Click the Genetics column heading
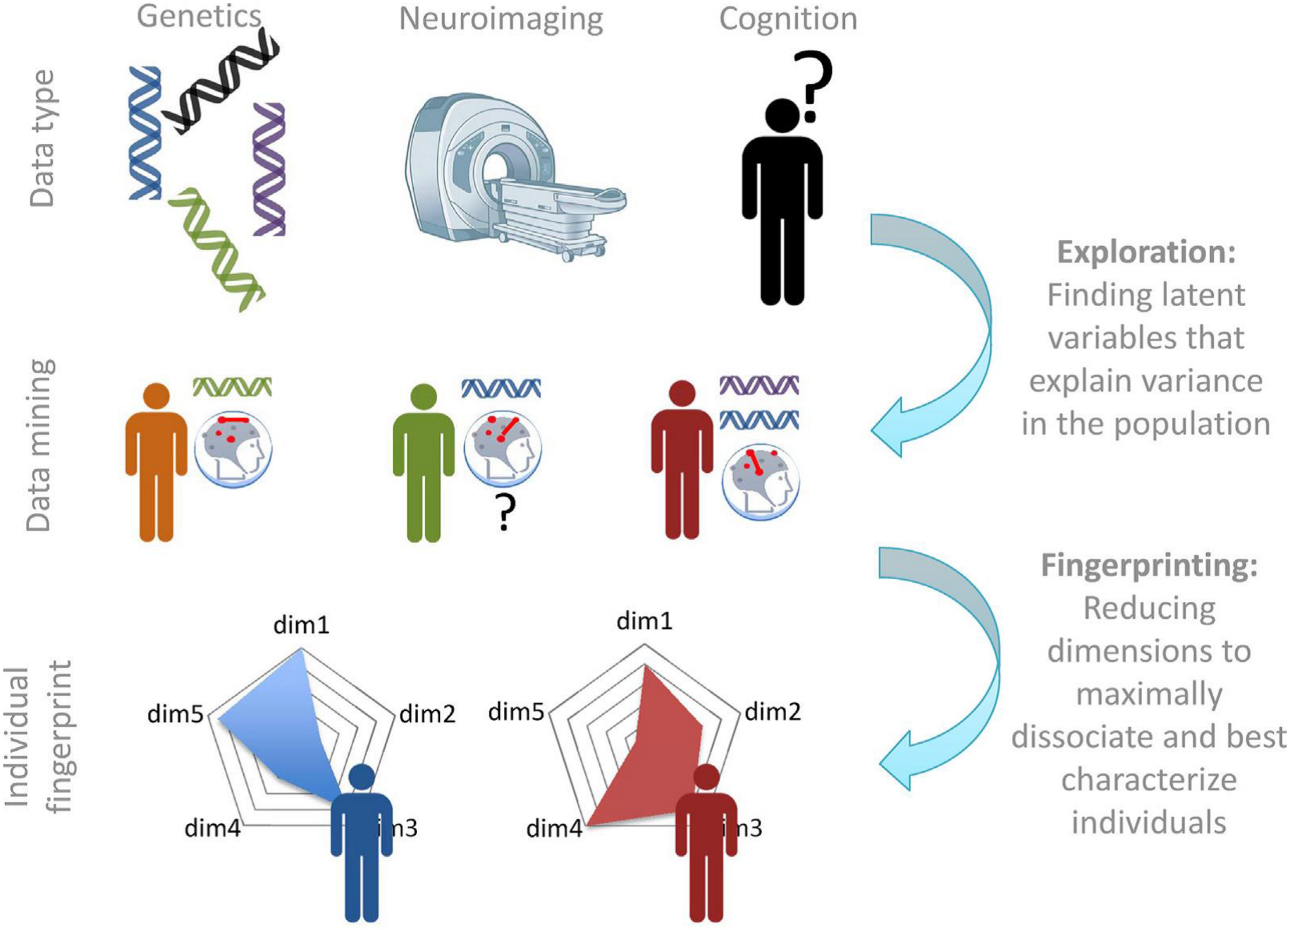click(x=199, y=16)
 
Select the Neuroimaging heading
click(x=500, y=19)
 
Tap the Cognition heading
click(x=788, y=19)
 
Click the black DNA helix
click(x=221, y=81)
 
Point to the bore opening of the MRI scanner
click(x=497, y=166)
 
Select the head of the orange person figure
click(x=156, y=396)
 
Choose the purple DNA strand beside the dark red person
click(x=759, y=385)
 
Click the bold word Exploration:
click(x=1146, y=253)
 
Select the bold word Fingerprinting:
click(x=1149, y=565)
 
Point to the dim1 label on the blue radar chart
click(x=301, y=625)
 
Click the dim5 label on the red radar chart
click(x=516, y=711)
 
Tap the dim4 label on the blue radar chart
click(x=212, y=828)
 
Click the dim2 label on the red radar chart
click(x=773, y=711)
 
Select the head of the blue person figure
click(x=361, y=777)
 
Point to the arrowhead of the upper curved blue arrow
click(x=887, y=428)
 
